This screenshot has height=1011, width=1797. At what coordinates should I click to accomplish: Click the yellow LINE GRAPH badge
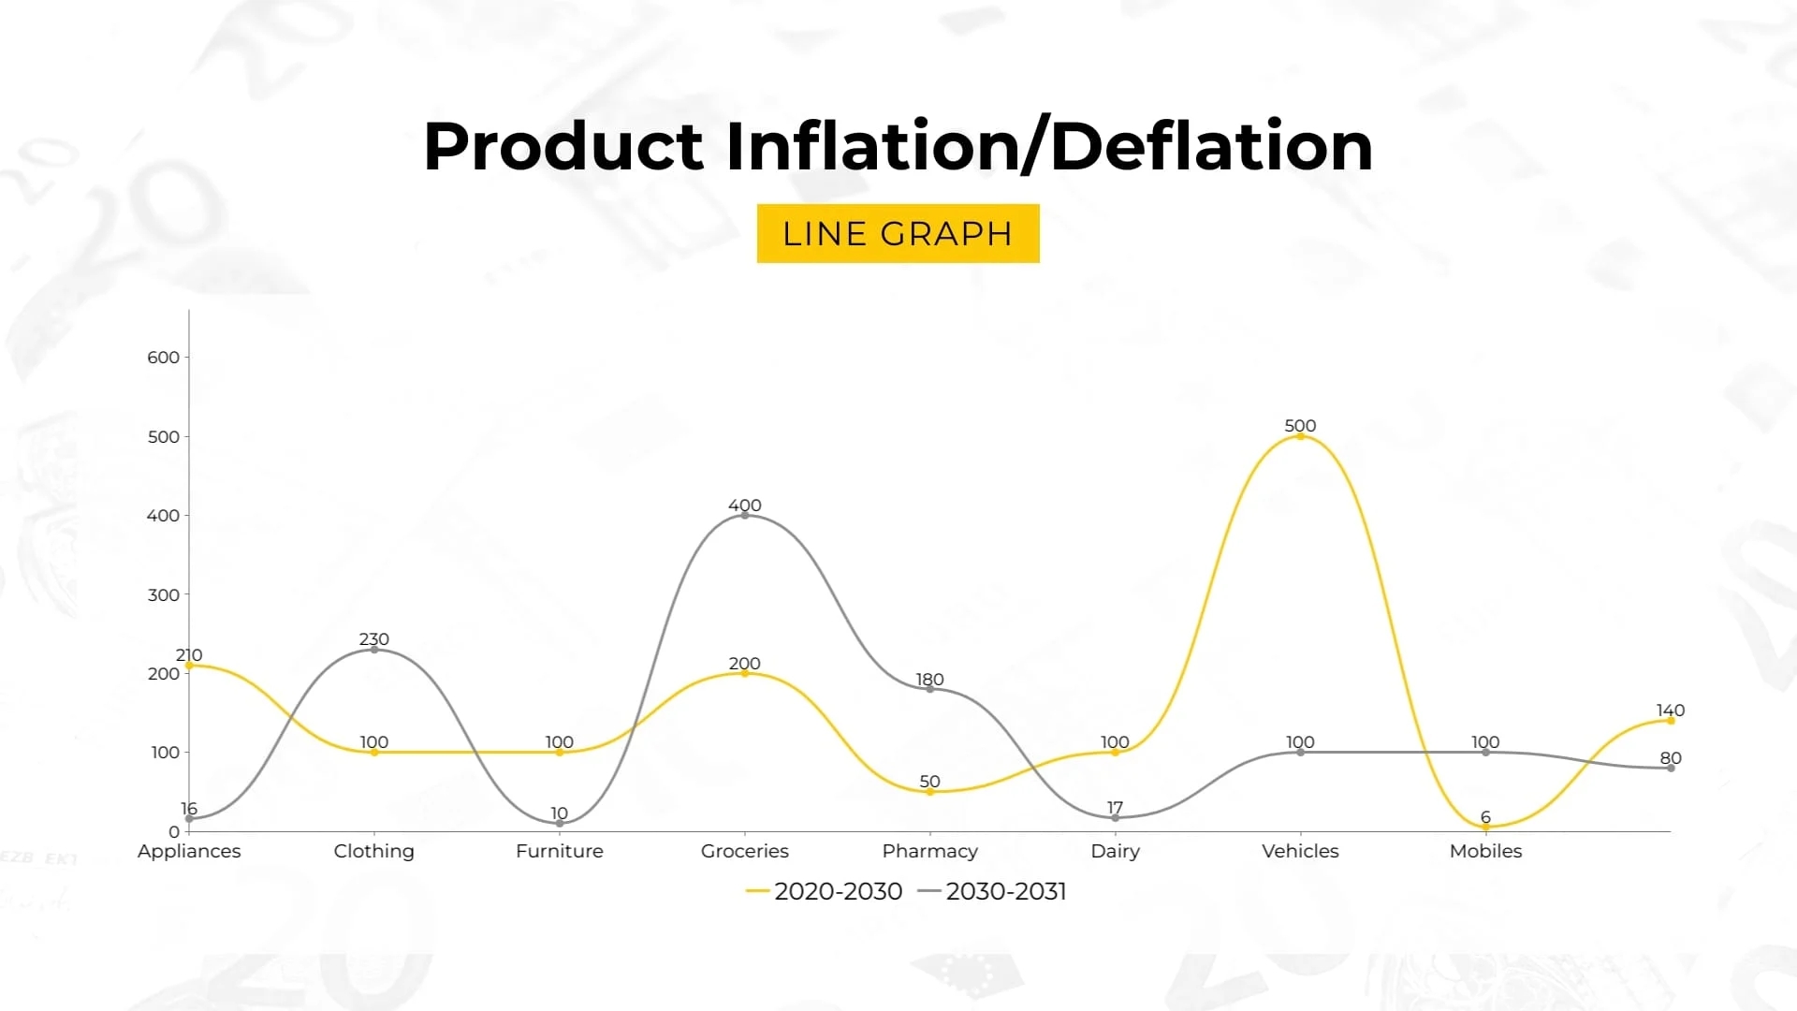tap(898, 233)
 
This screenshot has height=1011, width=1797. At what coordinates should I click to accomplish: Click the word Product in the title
tap(562, 147)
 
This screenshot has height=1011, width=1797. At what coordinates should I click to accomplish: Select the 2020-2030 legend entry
tap(825, 891)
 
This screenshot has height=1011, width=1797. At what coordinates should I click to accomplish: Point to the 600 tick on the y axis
tap(164, 358)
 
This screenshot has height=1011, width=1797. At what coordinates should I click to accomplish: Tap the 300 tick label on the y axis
tap(164, 595)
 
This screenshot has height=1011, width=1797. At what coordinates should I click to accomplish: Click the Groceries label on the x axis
tap(744, 851)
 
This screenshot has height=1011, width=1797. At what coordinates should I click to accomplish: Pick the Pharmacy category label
tap(929, 851)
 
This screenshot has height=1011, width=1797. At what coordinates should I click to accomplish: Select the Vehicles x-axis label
tap(1300, 851)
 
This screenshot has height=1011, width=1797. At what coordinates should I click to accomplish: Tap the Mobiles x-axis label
tap(1485, 851)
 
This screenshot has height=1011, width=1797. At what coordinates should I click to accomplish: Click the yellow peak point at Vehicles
tap(1300, 436)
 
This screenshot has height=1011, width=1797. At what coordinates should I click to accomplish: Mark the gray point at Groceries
tap(745, 515)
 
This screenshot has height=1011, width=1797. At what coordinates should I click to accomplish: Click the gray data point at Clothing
tap(374, 650)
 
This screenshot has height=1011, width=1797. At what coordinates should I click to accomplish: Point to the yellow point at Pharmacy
tap(929, 792)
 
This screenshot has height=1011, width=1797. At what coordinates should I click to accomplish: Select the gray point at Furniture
tap(560, 824)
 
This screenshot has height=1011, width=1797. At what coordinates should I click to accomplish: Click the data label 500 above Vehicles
tap(1300, 426)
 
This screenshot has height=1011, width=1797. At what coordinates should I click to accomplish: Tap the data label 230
tap(374, 639)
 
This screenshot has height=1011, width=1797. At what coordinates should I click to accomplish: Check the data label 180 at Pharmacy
tap(929, 680)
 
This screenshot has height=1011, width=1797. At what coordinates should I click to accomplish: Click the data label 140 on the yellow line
tap(1670, 711)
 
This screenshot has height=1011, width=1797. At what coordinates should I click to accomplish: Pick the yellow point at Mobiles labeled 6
tap(1485, 827)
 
